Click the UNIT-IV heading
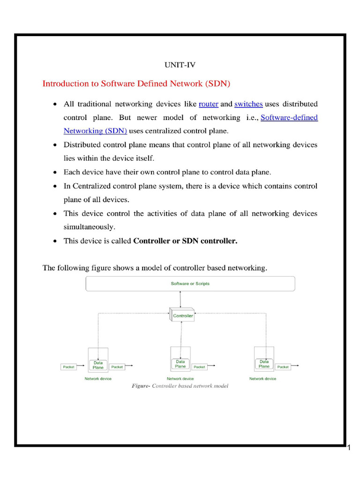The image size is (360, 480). [x=180, y=65]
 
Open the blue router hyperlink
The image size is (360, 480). [x=209, y=104]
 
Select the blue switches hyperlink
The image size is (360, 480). [x=248, y=104]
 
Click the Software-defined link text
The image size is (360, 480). [x=289, y=118]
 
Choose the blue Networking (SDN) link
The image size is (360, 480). [x=95, y=131]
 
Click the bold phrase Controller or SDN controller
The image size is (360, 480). [x=186, y=241]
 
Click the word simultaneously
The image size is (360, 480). [x=89, y=227]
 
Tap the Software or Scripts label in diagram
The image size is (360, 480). [x=190, y=284]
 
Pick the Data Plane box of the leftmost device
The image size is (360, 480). [x=98, y=365]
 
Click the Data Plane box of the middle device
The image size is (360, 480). [x=180, y=364]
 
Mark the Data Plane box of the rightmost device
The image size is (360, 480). [x=264, y=364]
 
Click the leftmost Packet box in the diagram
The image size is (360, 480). [x=68, y=367]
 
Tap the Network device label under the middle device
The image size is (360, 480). [x=180, y=379]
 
